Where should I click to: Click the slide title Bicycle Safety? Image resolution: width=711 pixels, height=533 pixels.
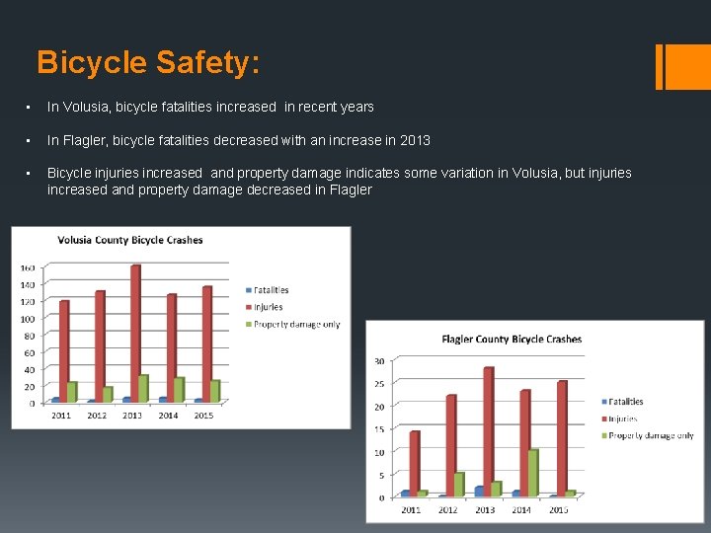click(148, 63)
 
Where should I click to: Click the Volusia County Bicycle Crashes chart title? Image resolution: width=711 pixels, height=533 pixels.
click(130, 240)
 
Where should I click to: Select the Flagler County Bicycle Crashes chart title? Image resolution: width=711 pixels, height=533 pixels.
click(512, 339)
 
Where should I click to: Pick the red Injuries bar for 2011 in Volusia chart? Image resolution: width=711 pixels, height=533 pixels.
click(64, 350)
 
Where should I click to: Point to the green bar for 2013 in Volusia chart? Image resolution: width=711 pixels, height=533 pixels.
click(144, 388)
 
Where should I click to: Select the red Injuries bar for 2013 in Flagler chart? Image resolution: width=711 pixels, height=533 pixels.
click(488, 430)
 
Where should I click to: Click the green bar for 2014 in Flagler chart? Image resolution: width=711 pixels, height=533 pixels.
click(533, 472)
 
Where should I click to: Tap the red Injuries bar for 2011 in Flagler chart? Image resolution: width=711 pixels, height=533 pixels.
click(415, 462)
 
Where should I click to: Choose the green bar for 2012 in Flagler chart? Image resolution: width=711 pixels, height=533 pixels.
click(459, 484)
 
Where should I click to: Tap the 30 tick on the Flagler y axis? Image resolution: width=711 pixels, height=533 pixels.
click(379, 361)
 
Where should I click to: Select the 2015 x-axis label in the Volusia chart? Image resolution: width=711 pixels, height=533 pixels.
click(204, 416)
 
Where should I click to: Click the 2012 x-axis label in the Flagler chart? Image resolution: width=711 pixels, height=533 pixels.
click(447, 509)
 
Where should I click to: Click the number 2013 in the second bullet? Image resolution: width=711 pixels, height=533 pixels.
click(416, 140)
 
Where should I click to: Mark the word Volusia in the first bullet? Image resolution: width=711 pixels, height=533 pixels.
click(85, 107)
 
